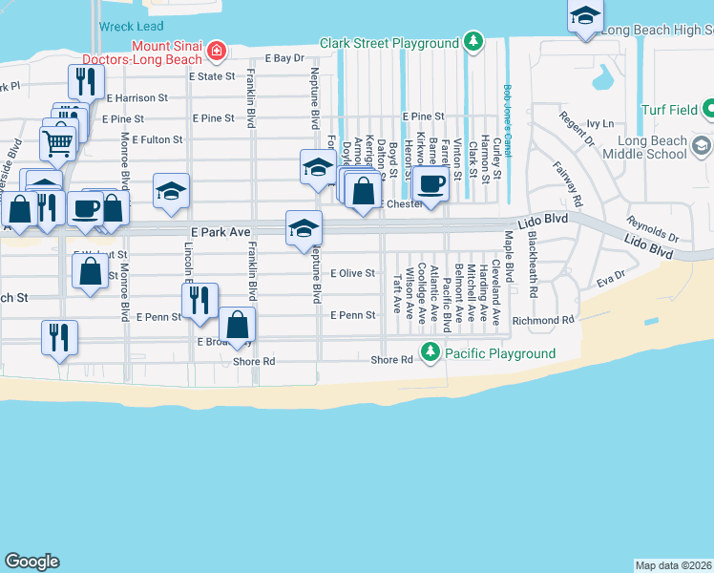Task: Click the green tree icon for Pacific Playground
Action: click(430, 353)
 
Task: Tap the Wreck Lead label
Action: click(132, 27)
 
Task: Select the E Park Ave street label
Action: click(225, 232)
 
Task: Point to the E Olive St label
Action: click(352, 273)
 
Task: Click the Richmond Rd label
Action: click(542, 321)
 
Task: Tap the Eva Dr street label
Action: click(610, 284)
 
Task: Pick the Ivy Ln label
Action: click(599, 123)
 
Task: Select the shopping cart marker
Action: click(57, 143)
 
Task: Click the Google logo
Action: click(31, 562)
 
